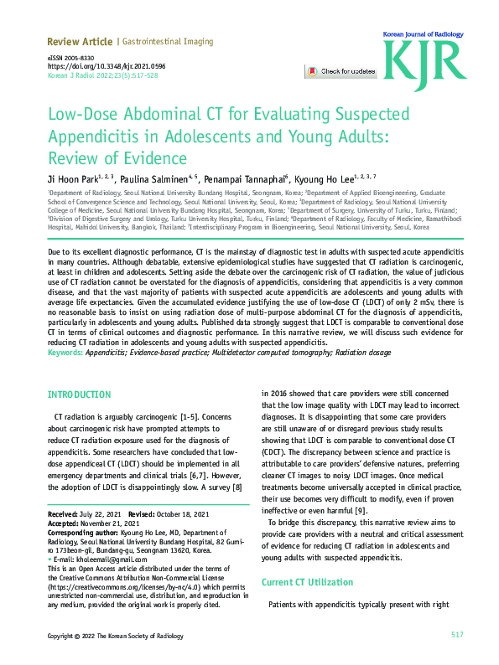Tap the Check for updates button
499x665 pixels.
click(x=340, y=72)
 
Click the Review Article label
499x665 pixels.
click(x=79, y=41)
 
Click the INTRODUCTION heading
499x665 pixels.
click(x=79, y=394)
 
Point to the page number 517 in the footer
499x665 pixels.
click(x=457, y=635)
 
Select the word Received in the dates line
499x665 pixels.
click(x=63, y=513)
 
